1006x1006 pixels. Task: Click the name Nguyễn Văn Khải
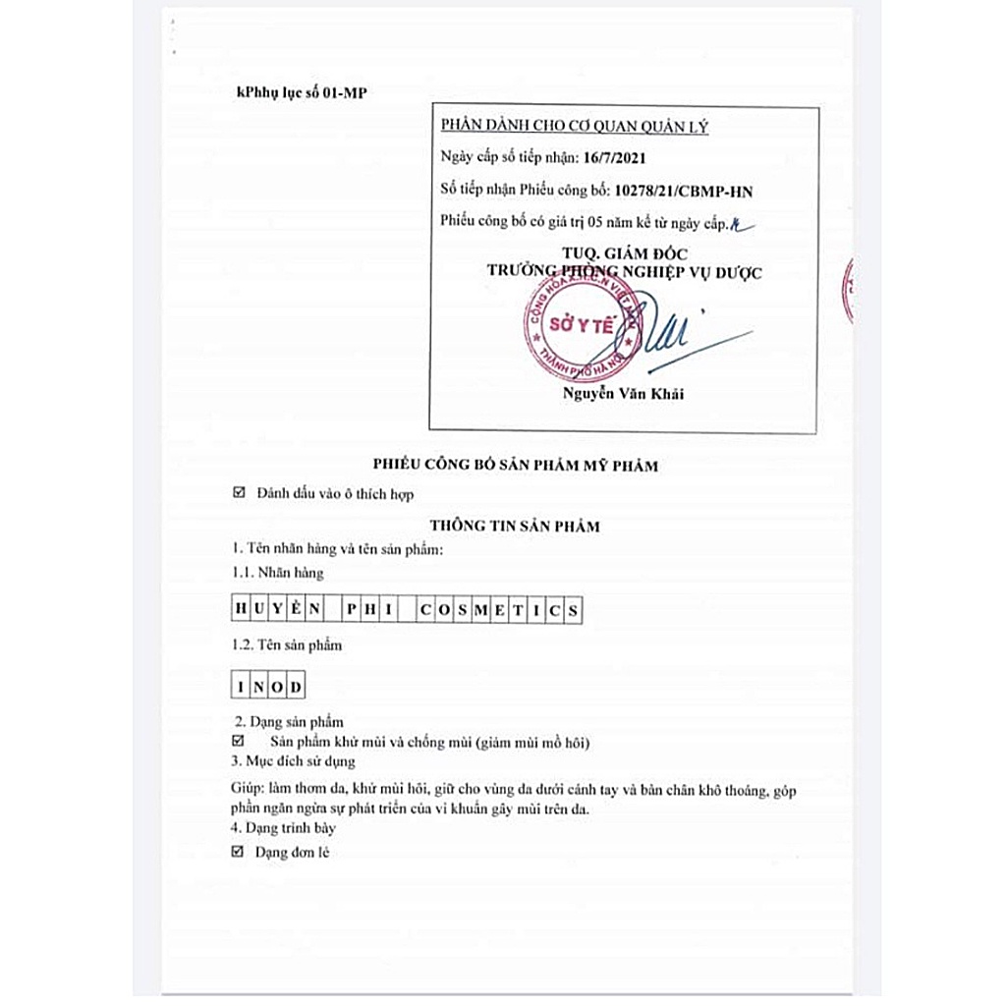coord(622,395)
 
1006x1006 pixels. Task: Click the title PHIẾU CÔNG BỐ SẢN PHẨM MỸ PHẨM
coord(516,466)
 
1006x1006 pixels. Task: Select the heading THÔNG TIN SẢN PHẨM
coord(515,526)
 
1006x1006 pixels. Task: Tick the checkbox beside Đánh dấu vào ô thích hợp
coord(239,494)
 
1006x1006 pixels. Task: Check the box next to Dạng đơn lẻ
coord(238,852)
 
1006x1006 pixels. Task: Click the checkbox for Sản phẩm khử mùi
coord(238,741)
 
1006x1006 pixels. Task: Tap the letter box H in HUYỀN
coord(239,610)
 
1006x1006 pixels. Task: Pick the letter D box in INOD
coord(296,685)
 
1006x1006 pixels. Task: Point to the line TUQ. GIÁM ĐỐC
coord(624,253)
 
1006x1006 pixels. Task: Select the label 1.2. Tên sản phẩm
coord(285,645)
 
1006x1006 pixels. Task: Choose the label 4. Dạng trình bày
coord(283,828)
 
